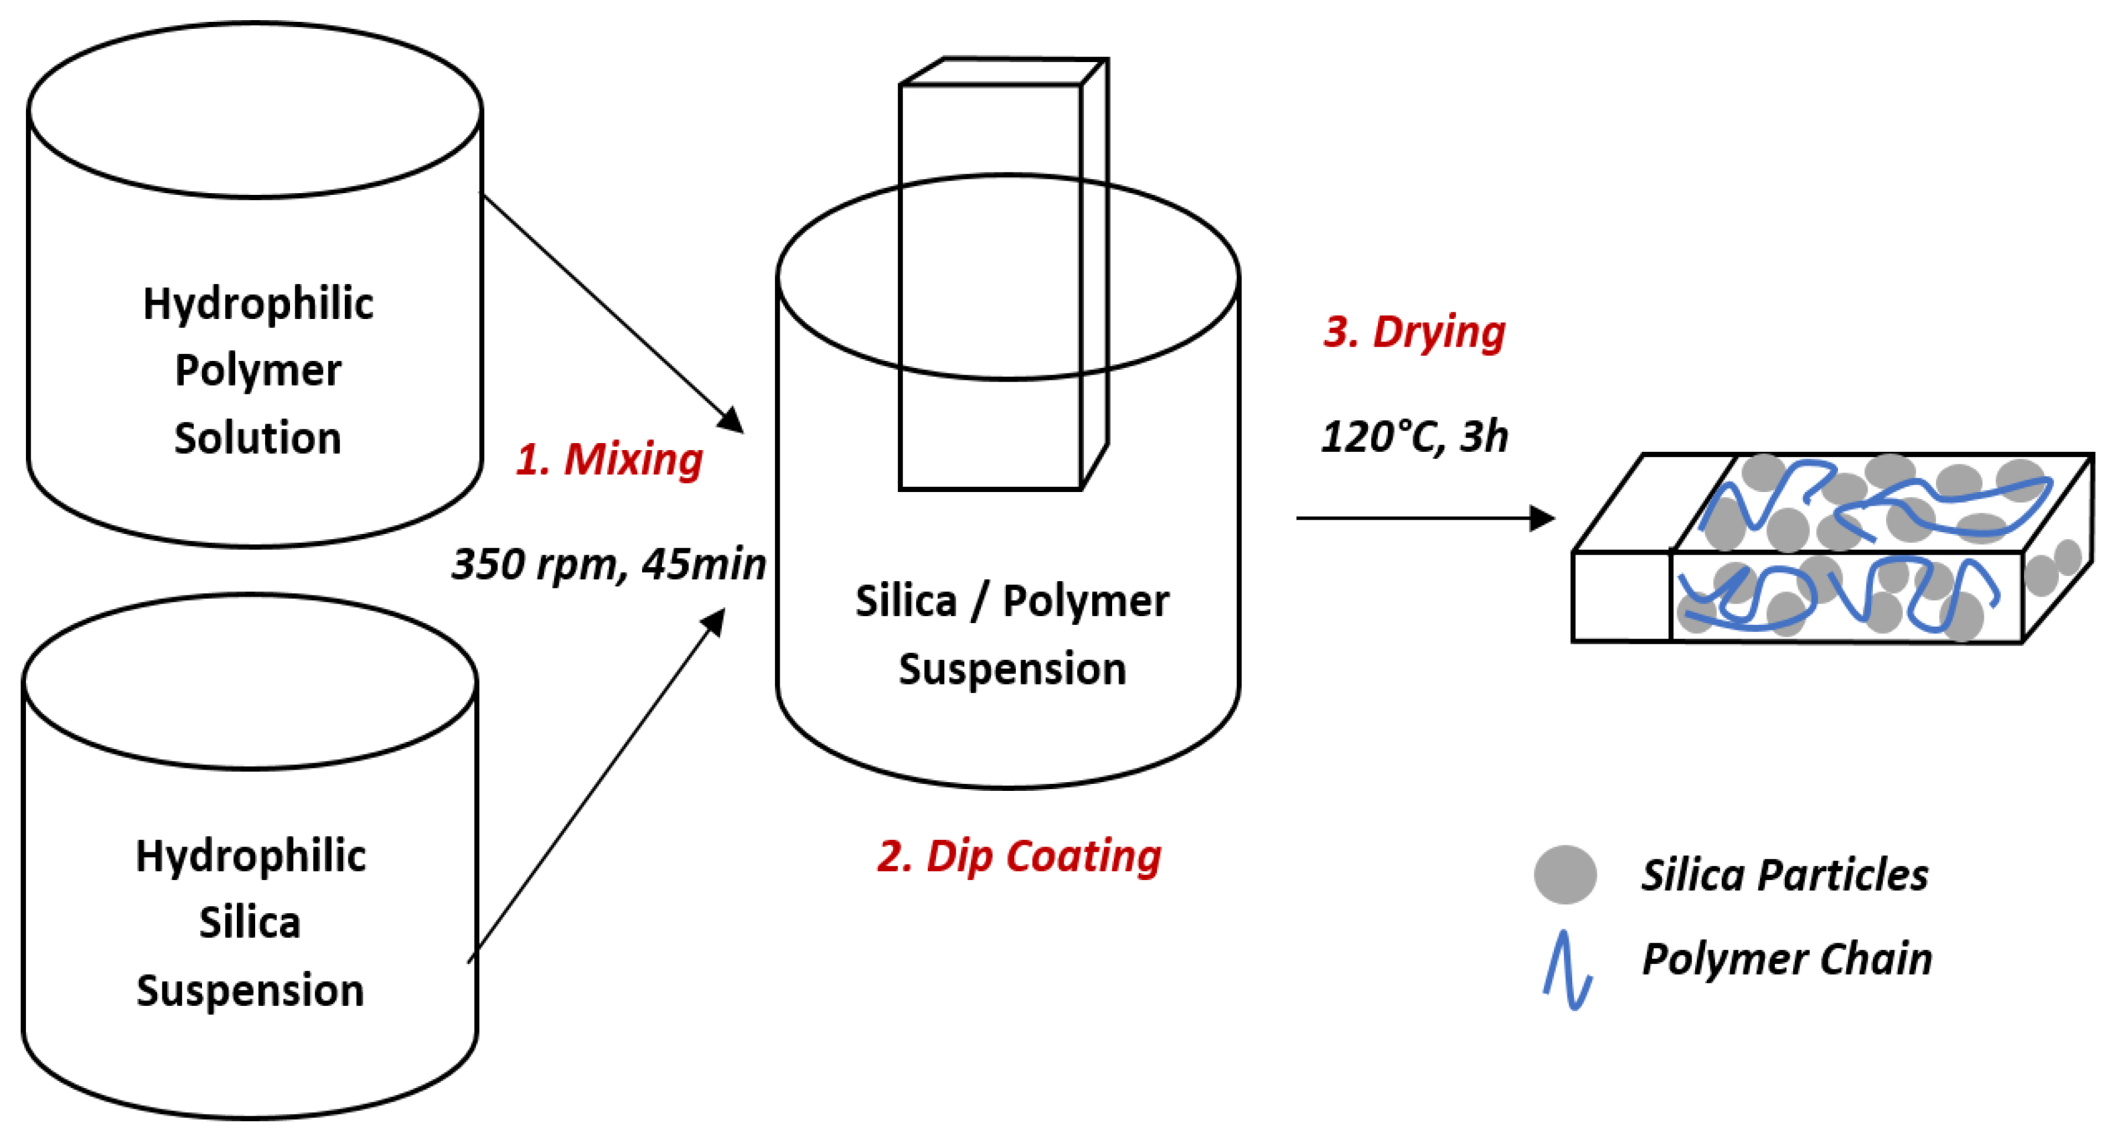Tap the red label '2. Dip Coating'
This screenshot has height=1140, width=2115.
1019,856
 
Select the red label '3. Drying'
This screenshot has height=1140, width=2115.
1414,332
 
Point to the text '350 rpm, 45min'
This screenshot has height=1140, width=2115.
608,564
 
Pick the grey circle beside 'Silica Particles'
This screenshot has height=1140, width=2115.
1565,875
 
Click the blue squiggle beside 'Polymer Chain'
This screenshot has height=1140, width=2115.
1567,970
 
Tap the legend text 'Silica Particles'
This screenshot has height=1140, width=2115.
1784,875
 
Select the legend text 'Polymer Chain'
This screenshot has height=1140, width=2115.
1787,959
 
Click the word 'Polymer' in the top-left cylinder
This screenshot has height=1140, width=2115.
258,370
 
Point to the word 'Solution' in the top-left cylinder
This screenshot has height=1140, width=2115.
258,438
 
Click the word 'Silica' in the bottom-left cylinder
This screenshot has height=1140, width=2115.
250,923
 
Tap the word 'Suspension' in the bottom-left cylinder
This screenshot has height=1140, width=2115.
250,990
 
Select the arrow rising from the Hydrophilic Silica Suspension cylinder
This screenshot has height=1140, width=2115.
596,785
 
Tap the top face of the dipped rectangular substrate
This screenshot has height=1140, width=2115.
1004,71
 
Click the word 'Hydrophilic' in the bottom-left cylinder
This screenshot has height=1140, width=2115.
250,856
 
